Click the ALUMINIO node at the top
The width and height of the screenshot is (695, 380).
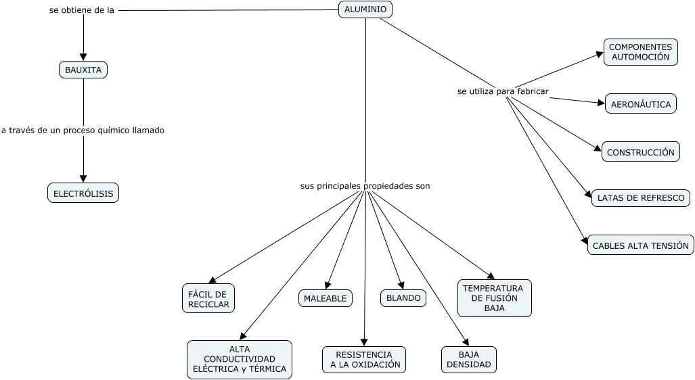pyautogui.click(x=365, y=9)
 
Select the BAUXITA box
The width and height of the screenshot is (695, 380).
pyautogui.click(x=83, y=70)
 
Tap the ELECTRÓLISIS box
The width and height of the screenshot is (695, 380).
pyautogui.click(x=83, y=193)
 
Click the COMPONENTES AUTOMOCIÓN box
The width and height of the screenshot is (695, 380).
pyautogui.click(x=640, y=52)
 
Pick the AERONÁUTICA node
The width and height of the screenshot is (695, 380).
pyautogui.click(x=640, y=104)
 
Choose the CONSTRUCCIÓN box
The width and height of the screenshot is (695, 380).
pyautogui.click(x=640, y=152)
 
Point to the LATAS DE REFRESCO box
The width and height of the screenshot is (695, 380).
pyautogui.click(x=640, y=198)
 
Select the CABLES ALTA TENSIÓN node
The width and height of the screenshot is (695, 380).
pyautogui.click(x=640, y=245)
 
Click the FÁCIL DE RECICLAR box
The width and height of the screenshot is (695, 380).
pyautogui.click(x=208, y=298)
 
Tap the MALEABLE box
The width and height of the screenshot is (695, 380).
pyautogui.click(x=325, y=298)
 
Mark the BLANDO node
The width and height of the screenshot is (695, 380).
pyautogui.click(x=403, y=298)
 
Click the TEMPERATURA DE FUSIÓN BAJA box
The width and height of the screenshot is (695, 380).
pyautogui.click(x=494, y=298)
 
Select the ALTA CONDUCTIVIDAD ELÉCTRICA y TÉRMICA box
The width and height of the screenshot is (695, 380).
pyautogui.click(x=240, y=359)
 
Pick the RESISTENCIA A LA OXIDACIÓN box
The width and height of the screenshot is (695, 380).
pyautogui.click(x=364, y=360)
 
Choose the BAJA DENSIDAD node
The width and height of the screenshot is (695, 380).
pyautogui.click(x=468, y=360)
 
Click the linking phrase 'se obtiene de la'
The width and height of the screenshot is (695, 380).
pyautogui.click(x=82, y=11)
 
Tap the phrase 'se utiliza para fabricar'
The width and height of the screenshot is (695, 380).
pyautogui.click(x=503, y=91)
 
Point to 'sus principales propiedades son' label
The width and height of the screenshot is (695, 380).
pyautogui.click(x=365, y=185)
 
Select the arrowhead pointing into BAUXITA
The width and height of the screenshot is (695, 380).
pyautogui.click(x=83, y=57)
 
